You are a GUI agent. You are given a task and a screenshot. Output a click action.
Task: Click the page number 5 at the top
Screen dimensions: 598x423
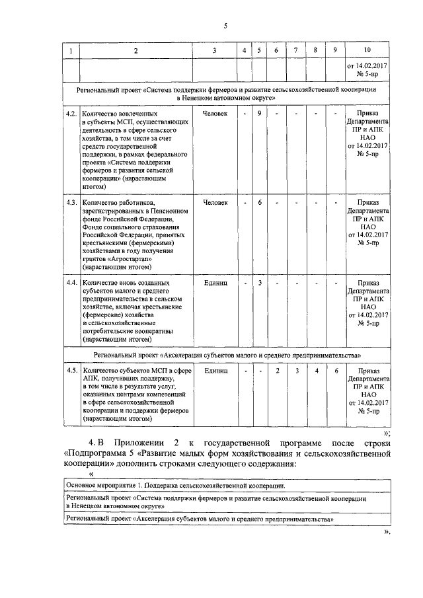(225, 26)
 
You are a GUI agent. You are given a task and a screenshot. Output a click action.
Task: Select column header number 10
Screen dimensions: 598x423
(367, 51)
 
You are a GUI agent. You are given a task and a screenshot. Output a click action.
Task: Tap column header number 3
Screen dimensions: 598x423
(215, 51)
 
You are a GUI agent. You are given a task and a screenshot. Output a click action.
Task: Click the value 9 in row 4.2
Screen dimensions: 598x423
(260, 114)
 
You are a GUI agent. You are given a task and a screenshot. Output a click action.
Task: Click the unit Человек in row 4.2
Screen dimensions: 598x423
(215, 114)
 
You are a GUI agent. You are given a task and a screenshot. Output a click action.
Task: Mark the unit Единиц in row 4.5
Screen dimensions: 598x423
(215, 370)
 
